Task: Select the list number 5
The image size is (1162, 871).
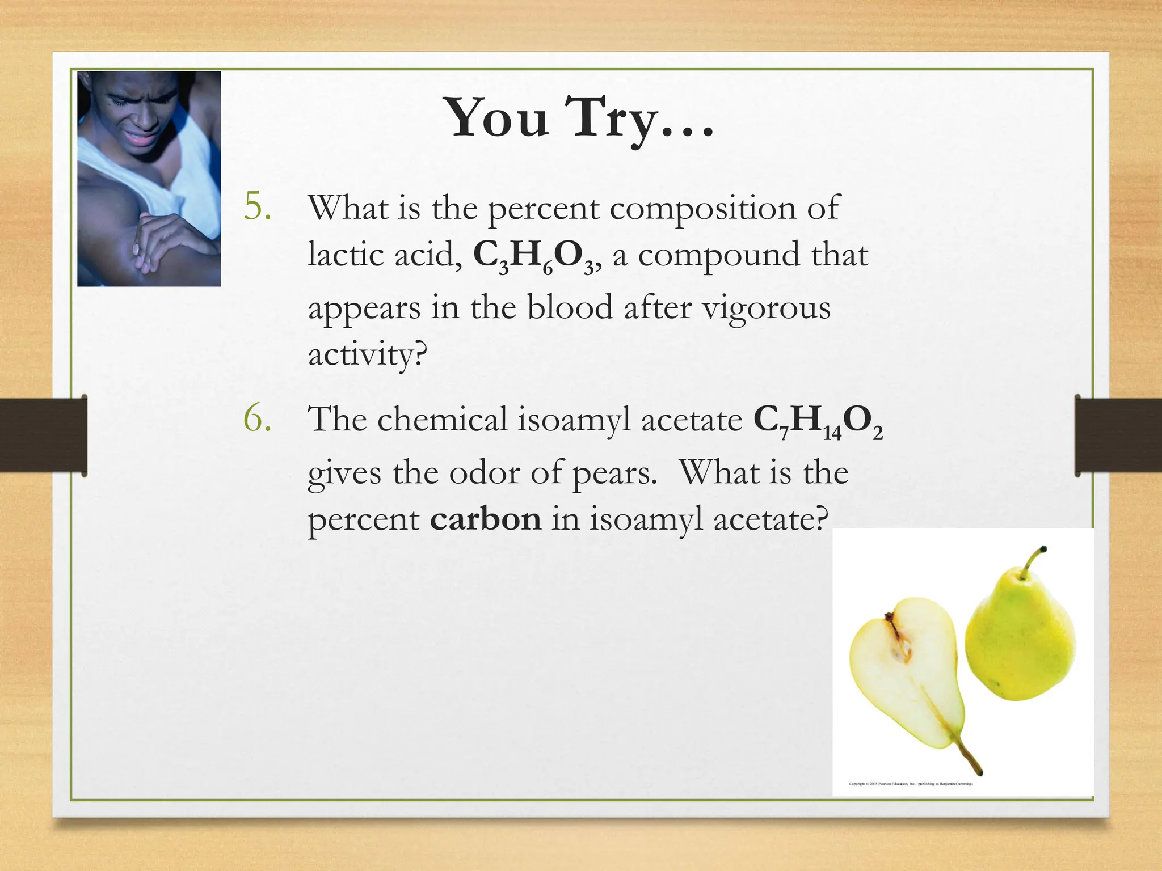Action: (257, 207)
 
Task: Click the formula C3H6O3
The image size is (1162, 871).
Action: (533, 256)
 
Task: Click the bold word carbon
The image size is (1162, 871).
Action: (486, 519)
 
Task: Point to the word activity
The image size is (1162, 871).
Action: (366, 356)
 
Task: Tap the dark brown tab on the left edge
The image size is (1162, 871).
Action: (43, 435)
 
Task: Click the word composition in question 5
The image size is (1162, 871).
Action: (703, 208)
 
